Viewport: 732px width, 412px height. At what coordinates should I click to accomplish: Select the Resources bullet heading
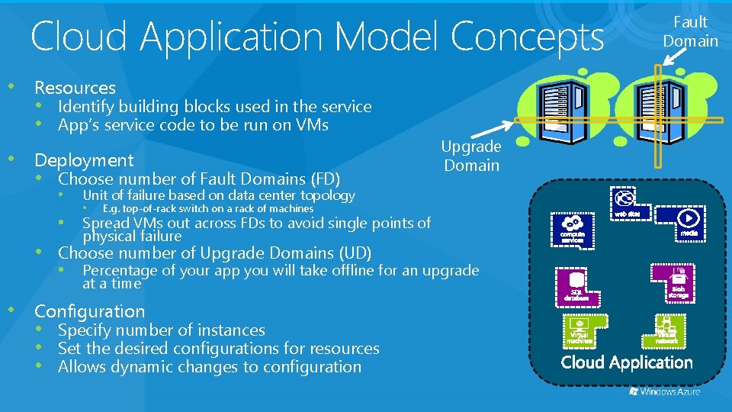pyautogui.click(x=75, y=88)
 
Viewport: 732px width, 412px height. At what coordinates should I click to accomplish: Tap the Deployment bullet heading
pyautogui.click(x=84, y=159)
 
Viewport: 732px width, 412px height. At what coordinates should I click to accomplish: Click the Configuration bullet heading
pyautogui.click(x=89, y=311)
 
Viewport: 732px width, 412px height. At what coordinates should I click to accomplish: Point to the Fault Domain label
pyautogui.click(x=690, y=31)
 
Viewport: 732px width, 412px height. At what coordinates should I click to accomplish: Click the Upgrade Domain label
pyautogui.click(x=471, y=156)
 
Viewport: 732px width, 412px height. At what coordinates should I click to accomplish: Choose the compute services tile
pyautogui.click(x=573, y=229)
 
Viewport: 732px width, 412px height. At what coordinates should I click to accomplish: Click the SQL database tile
pyautogui.click(x=577, y=285)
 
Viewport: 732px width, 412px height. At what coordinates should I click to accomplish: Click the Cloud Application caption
pyautogui.click(x=627, y=362)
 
